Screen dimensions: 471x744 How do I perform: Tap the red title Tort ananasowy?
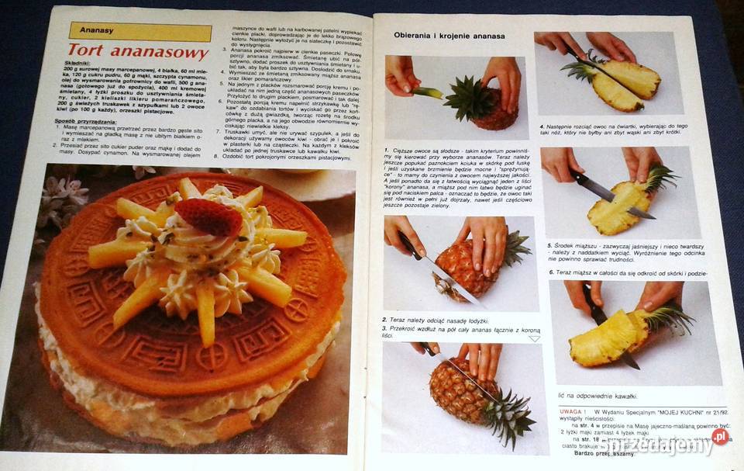coord(138,53)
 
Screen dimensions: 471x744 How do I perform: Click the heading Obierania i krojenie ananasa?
coord(449,36)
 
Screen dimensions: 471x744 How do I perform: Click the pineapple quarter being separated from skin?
coord(609,338)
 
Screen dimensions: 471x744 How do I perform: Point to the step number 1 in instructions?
coord(385,149)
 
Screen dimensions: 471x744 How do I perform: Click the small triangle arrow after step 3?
coord(534,338)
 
